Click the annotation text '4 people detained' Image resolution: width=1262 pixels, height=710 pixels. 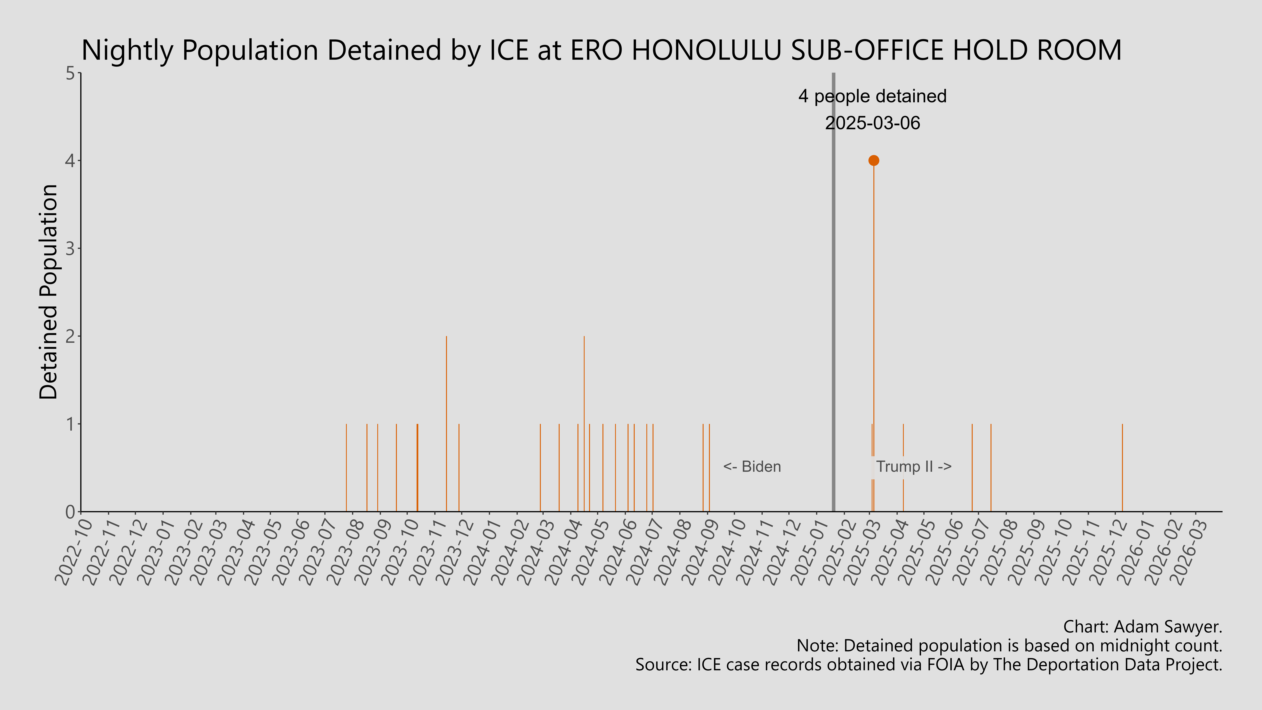pos(872,96)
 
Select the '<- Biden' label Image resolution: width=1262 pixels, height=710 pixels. pos(752,466)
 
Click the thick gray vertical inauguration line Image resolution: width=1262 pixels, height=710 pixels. pos(833,294)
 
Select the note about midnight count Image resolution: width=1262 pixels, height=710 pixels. pos(1009,646)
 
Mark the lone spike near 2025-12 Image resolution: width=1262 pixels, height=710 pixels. pos(1122,468)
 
